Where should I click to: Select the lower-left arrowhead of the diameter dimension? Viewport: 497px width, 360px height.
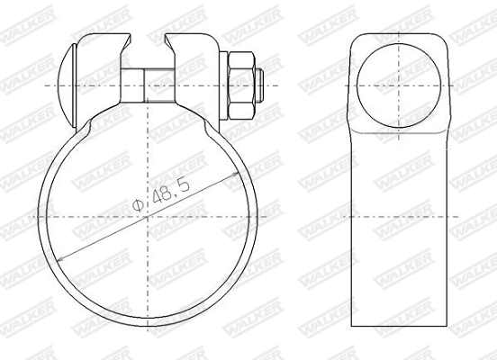tap(60, 260)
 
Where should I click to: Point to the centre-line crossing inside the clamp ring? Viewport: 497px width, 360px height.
tap(145, 218)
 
